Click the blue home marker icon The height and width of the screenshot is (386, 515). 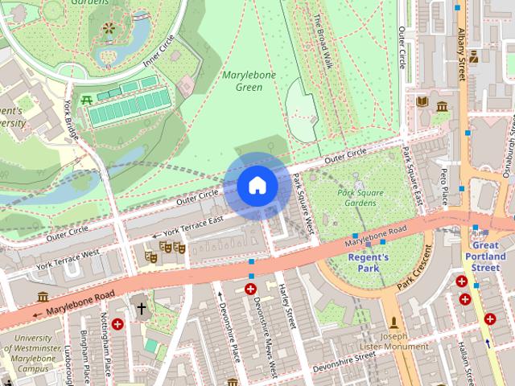257,185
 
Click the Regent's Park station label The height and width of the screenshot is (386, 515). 368,262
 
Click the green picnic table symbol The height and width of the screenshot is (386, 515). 86,100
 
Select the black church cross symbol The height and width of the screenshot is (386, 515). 142,308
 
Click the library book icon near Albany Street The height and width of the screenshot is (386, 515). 422,101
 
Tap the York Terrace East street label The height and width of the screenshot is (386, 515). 193,226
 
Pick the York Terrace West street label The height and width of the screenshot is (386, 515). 68,259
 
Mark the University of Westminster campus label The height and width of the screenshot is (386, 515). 34,353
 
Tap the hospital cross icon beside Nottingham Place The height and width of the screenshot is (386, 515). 118,324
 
